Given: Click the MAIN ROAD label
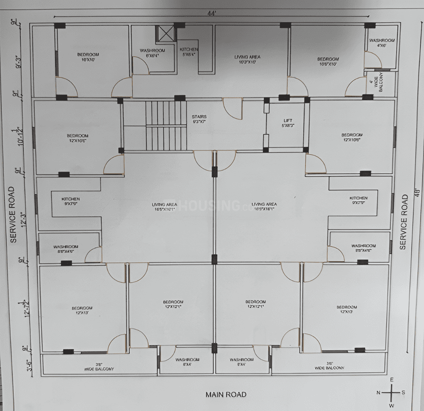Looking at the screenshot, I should click(x=226, y=394).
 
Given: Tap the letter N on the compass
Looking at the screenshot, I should click(x=378, y=392).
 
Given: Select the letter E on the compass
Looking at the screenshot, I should click(x=391, y=379).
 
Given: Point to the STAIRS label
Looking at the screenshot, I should click(x=199, y=119).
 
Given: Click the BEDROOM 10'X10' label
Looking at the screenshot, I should click(x=85, y=57).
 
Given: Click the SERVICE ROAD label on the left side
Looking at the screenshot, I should click(x=13, y=214).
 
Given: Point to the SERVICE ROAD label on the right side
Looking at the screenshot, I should click(x=404, y=222).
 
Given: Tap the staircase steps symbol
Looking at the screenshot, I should click(x=165, y=125).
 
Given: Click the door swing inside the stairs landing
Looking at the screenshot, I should click(x=231, y=109).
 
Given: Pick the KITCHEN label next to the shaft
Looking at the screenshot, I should click(x=188, y=52).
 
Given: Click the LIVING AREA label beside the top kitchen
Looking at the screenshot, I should click(x=247, y=60).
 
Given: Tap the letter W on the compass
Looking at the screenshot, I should click(x=391, y=405).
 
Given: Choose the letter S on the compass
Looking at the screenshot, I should click(x=404, y=392).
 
